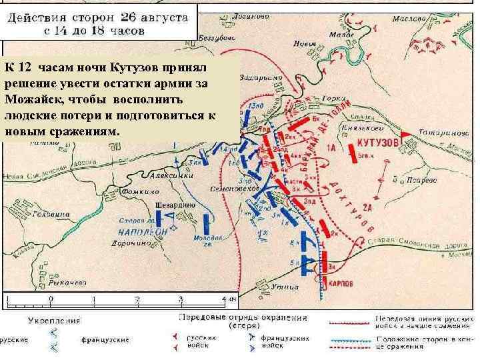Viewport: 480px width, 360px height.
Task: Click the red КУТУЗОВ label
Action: click(377, 143)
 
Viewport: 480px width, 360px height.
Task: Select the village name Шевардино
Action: click(177, 205)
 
